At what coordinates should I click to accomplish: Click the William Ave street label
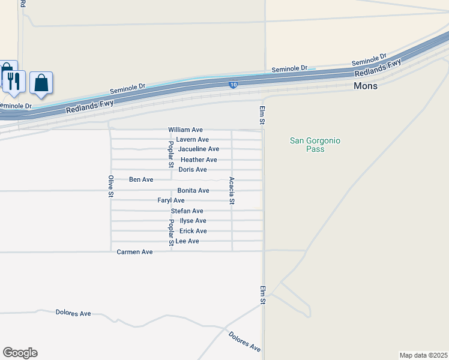(x=185, y=130)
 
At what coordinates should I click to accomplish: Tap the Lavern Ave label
(x=192, y=140)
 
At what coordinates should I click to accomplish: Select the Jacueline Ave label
(x=199, y=149)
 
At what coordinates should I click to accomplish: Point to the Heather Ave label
(x=199, y=160)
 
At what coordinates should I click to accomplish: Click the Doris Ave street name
(x=192, y=170)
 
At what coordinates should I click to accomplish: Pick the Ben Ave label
(x=141, y=179)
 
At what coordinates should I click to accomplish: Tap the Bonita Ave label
(x=193, y=190)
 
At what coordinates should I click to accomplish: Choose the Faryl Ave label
(x=171, y=200)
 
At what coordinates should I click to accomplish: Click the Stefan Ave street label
(x=187, y=211)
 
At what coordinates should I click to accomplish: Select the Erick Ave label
(x=193, y=231)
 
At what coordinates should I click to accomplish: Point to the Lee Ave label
(x=187, y=241)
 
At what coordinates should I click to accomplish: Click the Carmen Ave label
(x=134, y=252)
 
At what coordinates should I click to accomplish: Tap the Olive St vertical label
(x=110, y=186)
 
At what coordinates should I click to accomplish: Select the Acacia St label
(x=231, y=191)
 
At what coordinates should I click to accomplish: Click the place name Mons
(x=366, y=86)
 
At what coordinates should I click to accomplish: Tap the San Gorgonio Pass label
(x=315, y=145)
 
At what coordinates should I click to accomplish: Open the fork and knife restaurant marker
(x=14, y=81)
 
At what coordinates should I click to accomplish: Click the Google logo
(x=20, y=353)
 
